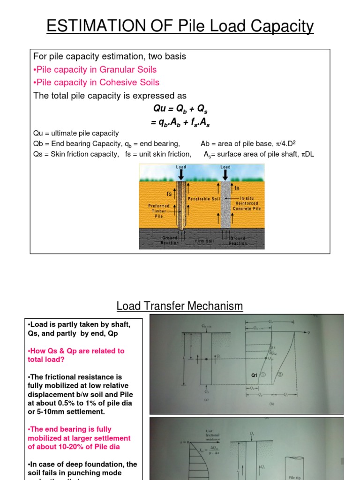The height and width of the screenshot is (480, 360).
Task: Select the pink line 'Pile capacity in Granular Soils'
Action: (95, 69)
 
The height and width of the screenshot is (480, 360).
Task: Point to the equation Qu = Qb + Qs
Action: (180, 109)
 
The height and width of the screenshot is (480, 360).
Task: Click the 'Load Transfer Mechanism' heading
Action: (180, 307)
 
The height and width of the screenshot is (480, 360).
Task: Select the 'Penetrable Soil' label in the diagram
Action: (204, 199)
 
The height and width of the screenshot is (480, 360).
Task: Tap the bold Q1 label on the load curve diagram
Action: (255, 375)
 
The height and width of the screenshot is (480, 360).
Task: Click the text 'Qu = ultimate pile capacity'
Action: (76, 133)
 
